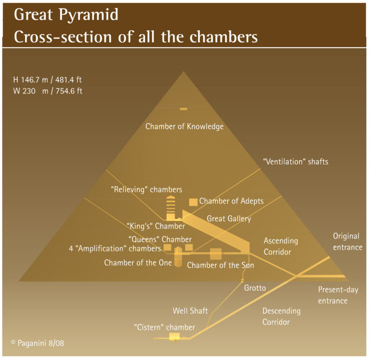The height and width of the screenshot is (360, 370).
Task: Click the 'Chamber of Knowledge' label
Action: [185, 127]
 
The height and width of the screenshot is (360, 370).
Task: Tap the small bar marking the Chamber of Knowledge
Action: [184, 109]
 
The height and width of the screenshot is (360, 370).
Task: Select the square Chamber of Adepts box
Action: [193, 202]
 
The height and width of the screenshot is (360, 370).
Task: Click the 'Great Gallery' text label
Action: [229, 219]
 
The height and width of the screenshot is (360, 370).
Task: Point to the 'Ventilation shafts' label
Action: [295, 162]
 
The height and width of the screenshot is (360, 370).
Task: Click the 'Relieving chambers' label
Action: [146, 190]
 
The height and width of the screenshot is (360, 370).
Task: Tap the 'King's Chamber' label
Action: [156, 226]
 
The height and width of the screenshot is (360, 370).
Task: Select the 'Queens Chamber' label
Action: [160, 239]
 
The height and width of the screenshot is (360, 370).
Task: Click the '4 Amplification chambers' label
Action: [115, 249]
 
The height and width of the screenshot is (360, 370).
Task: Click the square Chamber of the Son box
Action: [215, 254]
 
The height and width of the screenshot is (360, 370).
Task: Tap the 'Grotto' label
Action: [255, 288]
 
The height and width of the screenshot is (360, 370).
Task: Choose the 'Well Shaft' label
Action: [190, 311]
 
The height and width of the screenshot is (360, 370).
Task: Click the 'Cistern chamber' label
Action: [164, 327]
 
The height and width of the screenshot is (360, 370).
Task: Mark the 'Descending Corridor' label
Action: [281, 316]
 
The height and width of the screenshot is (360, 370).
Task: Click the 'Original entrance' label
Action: [346, 242]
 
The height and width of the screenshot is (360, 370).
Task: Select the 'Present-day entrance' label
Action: [338, 295]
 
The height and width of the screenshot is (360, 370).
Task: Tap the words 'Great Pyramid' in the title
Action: [66, 14]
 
